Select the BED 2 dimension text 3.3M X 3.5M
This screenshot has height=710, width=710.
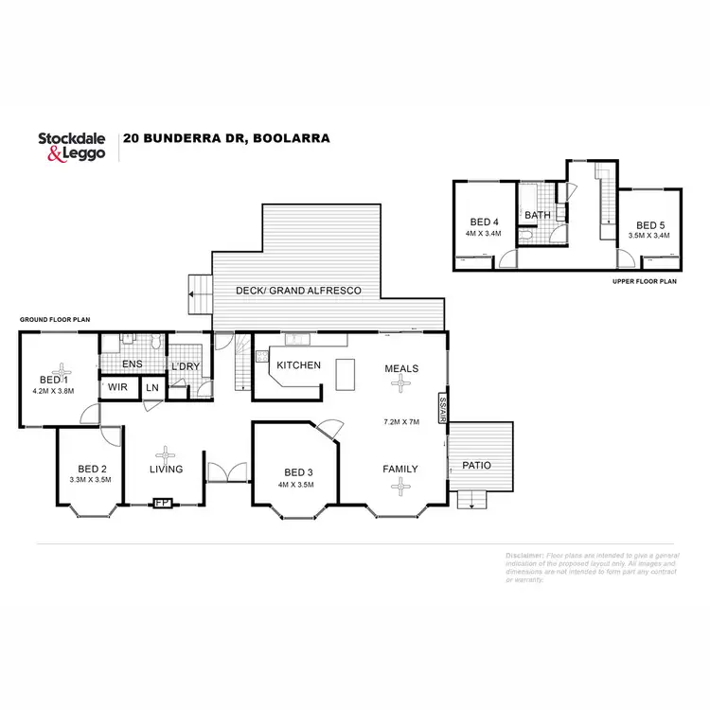(91, 480)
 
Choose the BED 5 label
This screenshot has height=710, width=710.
(648, 225)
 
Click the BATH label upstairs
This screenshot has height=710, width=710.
(538, 215)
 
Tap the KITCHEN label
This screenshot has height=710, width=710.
(298, 365)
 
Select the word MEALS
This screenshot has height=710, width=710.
(402, 368)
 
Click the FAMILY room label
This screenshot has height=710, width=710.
(399, 469)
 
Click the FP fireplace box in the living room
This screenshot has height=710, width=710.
(163, 503)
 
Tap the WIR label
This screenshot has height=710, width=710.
(118, 386)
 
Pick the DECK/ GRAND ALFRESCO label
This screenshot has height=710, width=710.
(299, 291)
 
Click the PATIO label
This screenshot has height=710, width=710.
(476, 465)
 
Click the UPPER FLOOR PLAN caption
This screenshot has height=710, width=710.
(646, 281)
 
